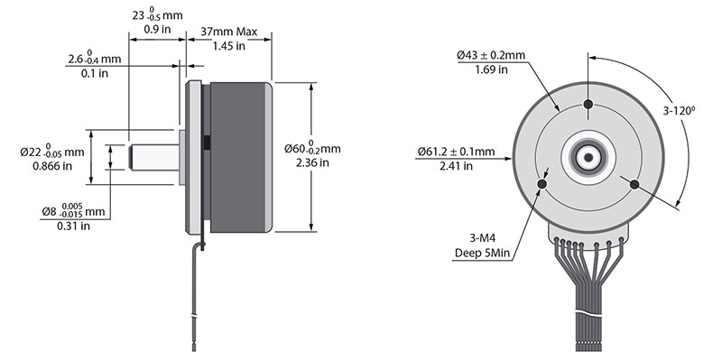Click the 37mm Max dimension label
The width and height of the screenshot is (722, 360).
point(229,32)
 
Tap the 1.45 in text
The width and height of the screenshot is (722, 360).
point(229,46)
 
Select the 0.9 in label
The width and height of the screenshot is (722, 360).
point(157,30)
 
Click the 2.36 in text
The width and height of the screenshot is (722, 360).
point(312,162)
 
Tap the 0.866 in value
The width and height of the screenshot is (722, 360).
point(52,166)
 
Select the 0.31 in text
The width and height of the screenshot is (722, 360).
point(74,226)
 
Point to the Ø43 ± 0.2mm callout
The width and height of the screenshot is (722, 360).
point(491,55)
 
